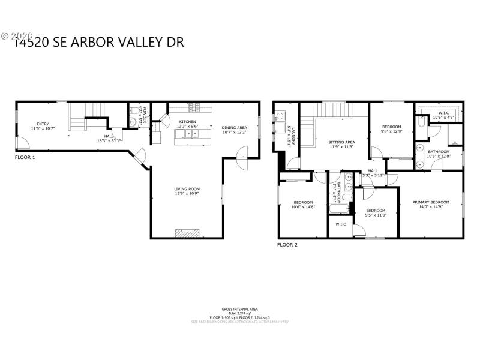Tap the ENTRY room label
tap(43, 124)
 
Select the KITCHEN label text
tap(188, 122)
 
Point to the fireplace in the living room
tap(185, 233)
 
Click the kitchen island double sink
tap(193, 134)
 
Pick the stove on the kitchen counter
tap(194, 108)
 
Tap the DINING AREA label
tap(234, 127)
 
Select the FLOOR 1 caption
tap(25, 157)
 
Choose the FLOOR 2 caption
tap(287, 244)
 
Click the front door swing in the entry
tap(22, 143)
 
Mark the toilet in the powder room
tap(133, 122)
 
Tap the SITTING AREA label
tap(341, 142)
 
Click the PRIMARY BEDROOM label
tap(431, 202)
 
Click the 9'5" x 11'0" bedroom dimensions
tap(376, 215)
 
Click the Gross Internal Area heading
tap(239, 308)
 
